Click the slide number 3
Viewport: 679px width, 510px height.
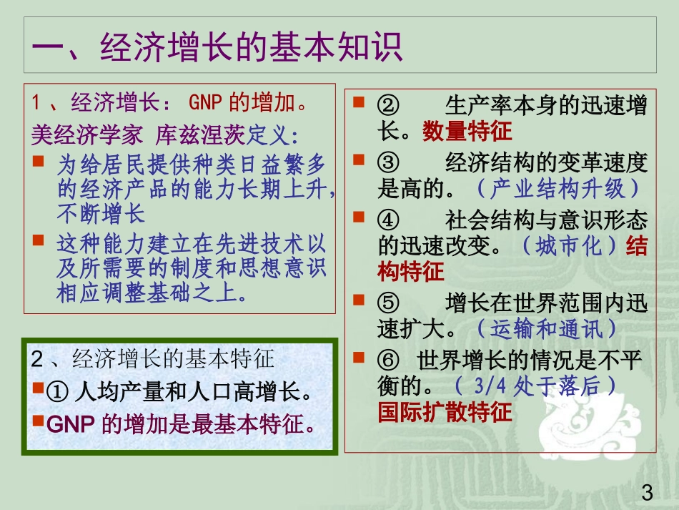[x=648, y=493]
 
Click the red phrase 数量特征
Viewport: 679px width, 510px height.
[x=467, y=131]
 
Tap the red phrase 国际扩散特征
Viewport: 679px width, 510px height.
[x=445, y=413]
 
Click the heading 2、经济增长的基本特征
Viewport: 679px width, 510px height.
[x=153, y=359]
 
